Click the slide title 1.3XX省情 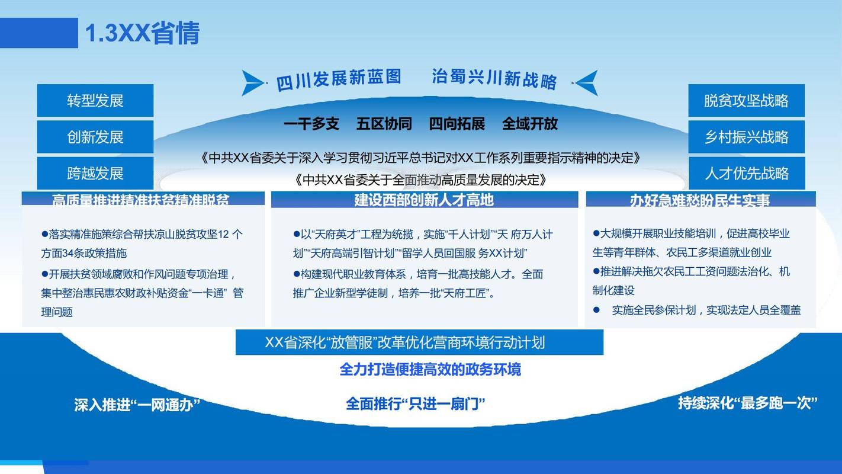pos(143,33)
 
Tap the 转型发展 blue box pos(95,101)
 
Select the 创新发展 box pos(95,137)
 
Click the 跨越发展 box pos(95,174)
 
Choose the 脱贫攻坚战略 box pos(746,101)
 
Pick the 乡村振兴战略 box pos(746,137)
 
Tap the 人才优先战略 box pos(746,174)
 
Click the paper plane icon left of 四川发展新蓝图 pos(253,82)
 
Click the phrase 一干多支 pos(311,124)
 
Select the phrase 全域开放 pos(530,124)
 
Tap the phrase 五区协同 pos(384,124)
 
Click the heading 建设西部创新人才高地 pos(424,200)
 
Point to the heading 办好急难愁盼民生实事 pos(700,200)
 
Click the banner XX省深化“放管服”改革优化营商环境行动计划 pos(419,342)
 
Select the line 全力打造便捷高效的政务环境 pos(430,370)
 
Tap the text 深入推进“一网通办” pos(137,405)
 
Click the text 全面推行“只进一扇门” pos(416,404)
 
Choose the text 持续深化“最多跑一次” pos(748,403)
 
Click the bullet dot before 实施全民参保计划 pos(597,310)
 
